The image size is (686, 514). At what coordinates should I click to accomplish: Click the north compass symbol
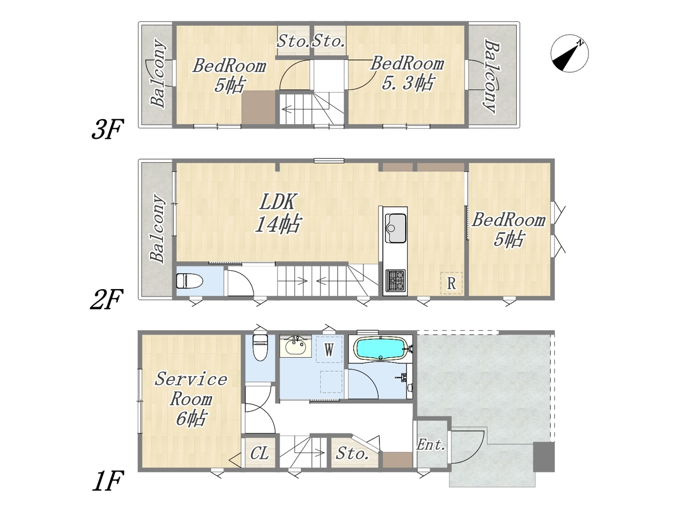pyautogui.click(x=569, y=54)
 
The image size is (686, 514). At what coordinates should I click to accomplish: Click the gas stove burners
pyautogui.click(x=396, y=280)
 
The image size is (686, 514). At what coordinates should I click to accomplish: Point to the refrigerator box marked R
pyautogui.click(x=451, y=283)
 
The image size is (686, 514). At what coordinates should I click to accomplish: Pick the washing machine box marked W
pyautogui.click(x=329, y=349)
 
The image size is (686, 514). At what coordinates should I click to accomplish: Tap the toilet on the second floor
pyautogui.click(x=189, y=281)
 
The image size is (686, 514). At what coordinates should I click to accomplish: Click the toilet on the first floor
pyautogui.click(x=260, y=347)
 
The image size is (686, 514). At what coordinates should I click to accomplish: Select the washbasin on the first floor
pyautogui.click(x=295, y=346)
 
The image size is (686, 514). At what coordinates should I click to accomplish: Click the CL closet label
pyautogui.click(x=259, y=453)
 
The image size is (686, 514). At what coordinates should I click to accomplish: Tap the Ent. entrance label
pyautogui.click(x=431, y=445)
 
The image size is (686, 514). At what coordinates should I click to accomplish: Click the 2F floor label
pyautogui.click(x=106, y=299)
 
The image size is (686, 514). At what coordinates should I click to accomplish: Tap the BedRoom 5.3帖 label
pyautogui.click(x=407, y=73)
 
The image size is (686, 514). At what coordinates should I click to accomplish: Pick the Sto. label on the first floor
pyautogui.click(x=352, y=453)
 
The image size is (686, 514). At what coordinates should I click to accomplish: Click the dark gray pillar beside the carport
pyautogui.click(x=544, y=457)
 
